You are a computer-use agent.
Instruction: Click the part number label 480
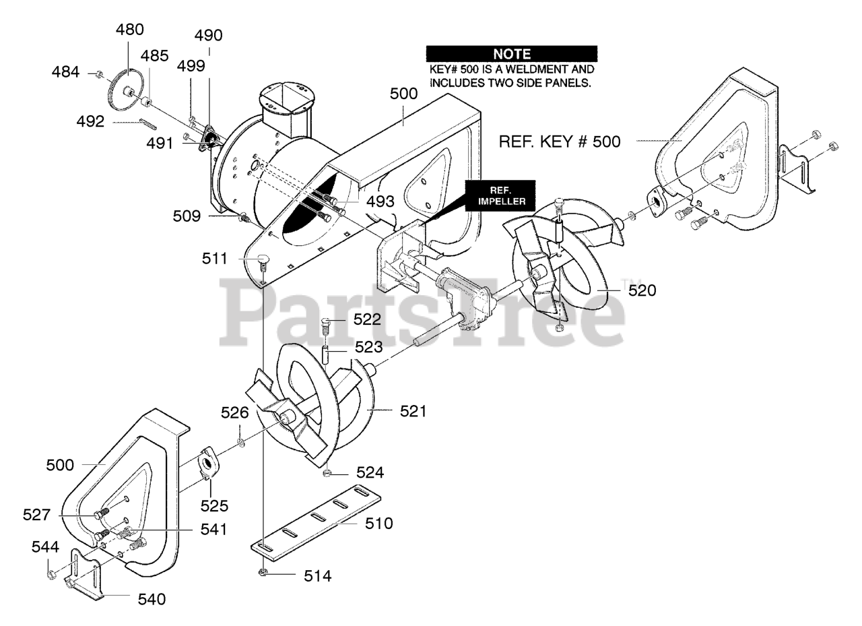coord(130,30)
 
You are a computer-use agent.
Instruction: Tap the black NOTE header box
coord(512,54)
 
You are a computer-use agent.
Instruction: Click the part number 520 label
coord(642,290)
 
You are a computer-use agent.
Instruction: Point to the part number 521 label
coord(413,410)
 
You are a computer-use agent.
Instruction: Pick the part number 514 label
coord(317,576)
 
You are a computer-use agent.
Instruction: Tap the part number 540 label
coord(151,598)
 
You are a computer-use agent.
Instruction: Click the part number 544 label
coord(45,547)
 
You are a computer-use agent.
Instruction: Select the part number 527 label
coord(36,515)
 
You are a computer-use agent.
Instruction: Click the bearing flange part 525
coord(206,464)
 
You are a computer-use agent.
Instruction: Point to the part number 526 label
coord(235,412)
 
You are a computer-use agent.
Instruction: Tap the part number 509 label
coord(187,216)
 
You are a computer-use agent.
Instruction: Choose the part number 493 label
coord(380,201)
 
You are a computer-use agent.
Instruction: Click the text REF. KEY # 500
coord(559,142)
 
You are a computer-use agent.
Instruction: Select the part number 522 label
coord(368,319)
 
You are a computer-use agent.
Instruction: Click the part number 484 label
coord(65,71)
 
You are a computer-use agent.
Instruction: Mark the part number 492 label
coord(90,122)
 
